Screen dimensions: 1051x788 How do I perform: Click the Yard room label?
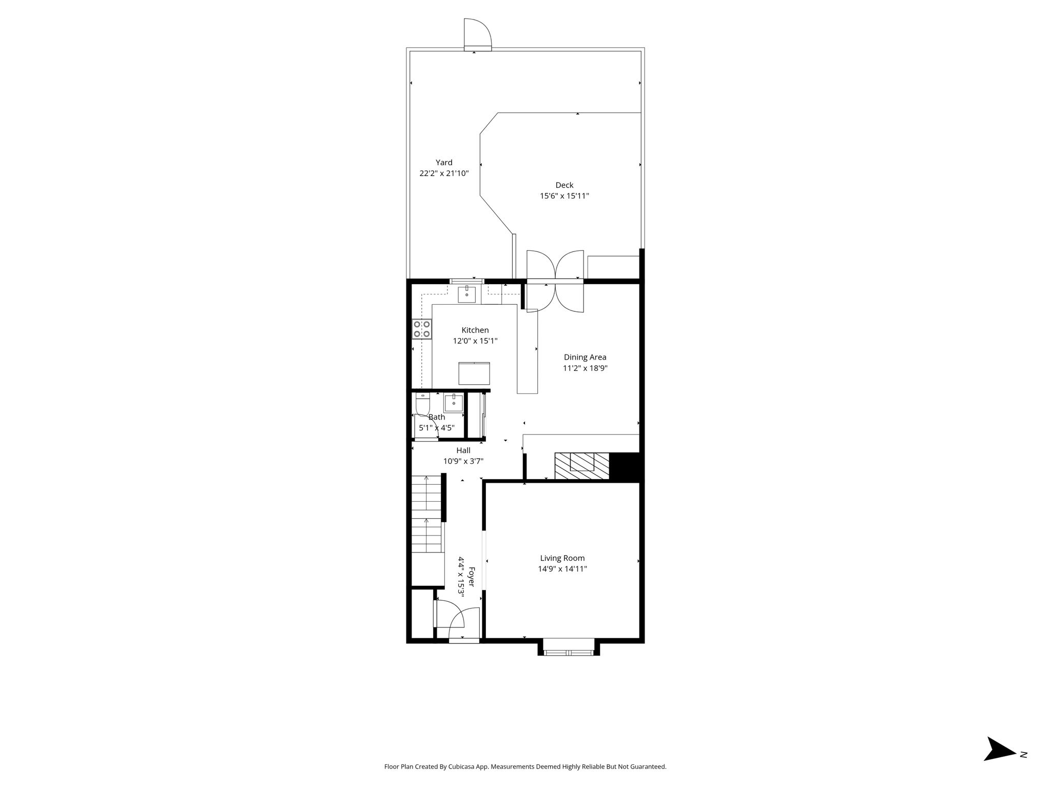click(x=444, y=163)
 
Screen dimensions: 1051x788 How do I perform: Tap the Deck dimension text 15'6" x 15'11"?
click(x=564, y=196)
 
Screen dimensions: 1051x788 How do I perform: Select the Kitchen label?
click(x=475, y=330)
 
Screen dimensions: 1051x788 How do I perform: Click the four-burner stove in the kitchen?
click(x=422, y=329)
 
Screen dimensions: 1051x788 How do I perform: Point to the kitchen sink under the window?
click(x=466, y=295)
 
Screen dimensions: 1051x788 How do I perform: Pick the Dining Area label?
click(x=585, y=358)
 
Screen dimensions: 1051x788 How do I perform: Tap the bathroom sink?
click(x=453, y=403)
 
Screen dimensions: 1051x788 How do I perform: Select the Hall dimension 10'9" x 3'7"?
click(x=463, y=461)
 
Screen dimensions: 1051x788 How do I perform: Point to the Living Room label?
click(x=562, y=558)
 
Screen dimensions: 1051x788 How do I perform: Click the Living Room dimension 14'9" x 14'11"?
click(x=562, y=569)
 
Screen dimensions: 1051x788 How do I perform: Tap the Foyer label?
click(x=472, y=577)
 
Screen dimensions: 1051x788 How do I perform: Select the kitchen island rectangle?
click(x=474, y=373)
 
